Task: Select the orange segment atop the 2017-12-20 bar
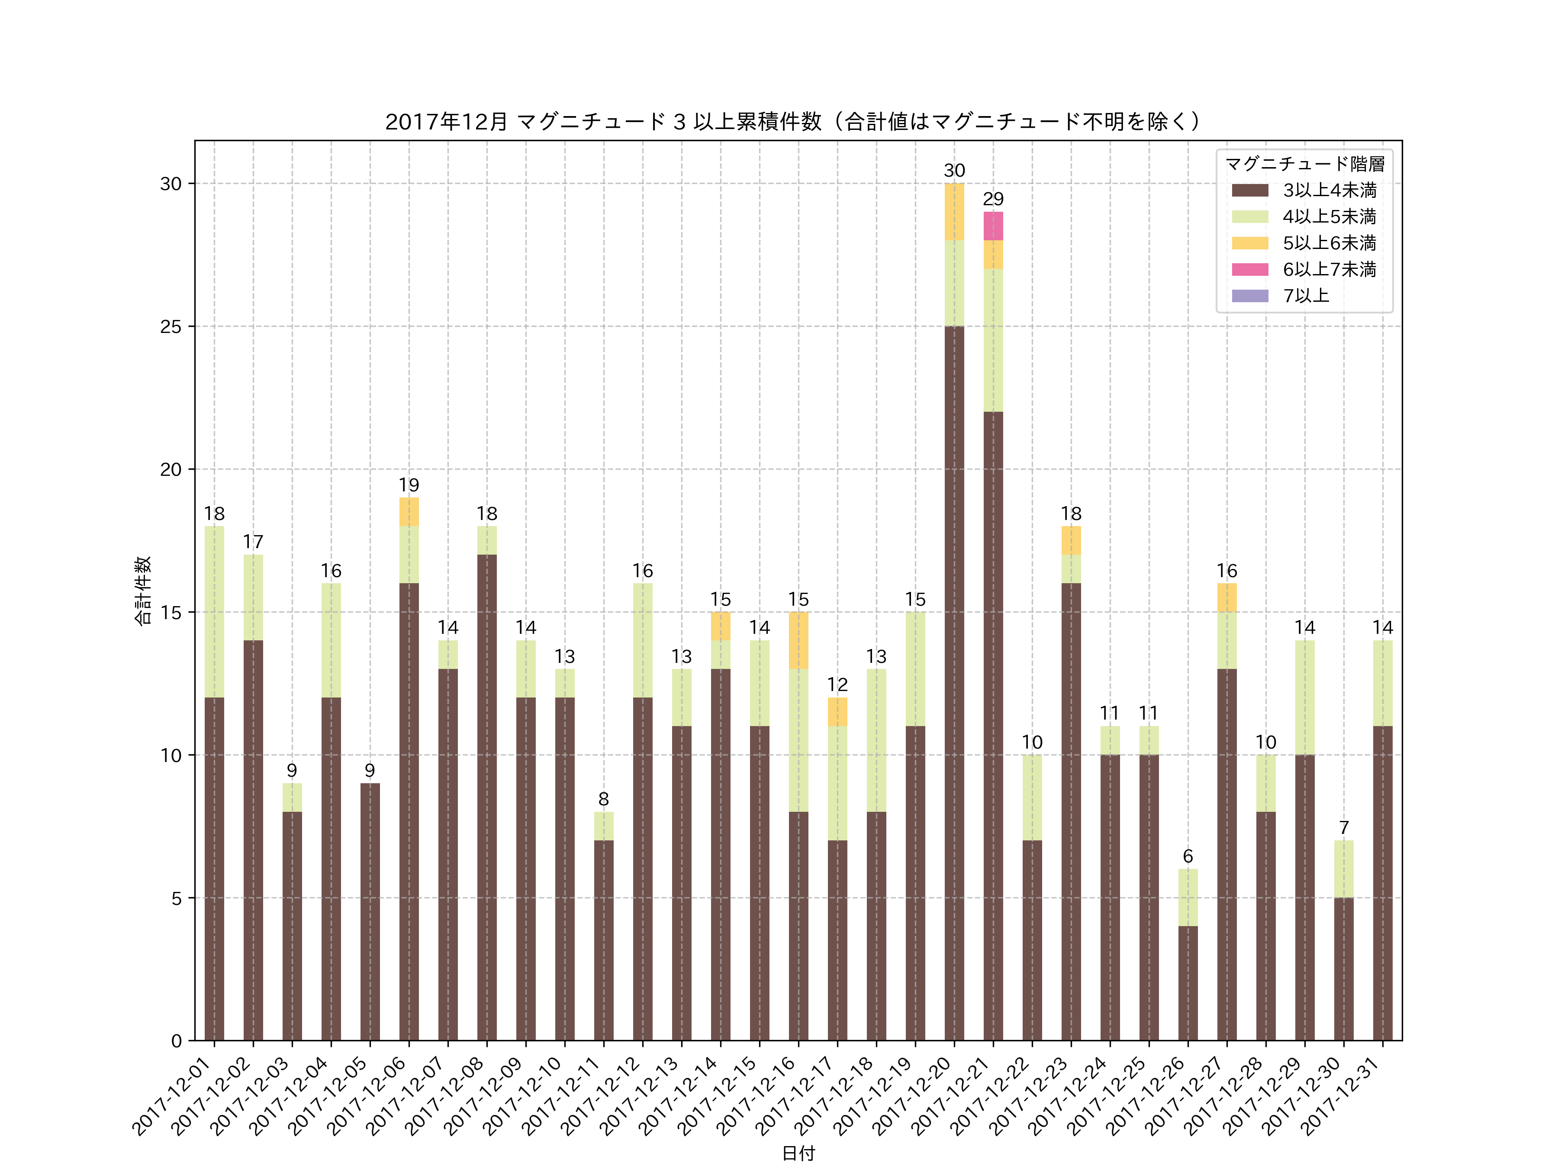tap(954, 211)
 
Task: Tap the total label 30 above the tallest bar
tap(954, 171)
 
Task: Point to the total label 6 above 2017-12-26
tap(1188, 856)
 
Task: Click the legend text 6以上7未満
tap(1329, 269)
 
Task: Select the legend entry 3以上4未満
tap(1329, 190)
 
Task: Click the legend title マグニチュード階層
tap(1304, 164)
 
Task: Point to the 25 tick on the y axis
tap(171, 327)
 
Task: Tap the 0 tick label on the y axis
tap(176, 1041)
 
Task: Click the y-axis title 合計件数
tap(143, 591)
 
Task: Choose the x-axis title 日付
tap(798, 1153)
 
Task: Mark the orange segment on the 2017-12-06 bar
tap(409, 512)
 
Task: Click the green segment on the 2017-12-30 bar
tap(1343, 869)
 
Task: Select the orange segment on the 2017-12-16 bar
tap(798, 640)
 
